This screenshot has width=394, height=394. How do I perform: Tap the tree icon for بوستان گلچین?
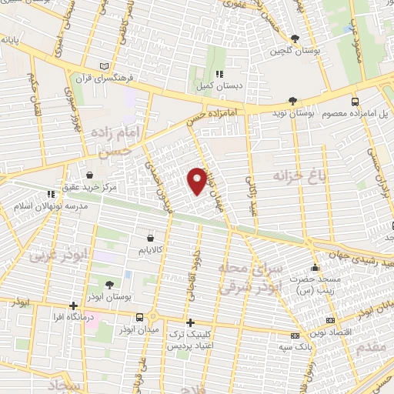tap(295, 38)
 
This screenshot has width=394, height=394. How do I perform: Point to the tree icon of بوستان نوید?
tap(292, 101)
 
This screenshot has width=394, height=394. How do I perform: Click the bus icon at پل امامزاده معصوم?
tap(354, 101)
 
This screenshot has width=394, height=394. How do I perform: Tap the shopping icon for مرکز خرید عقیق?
tap(91, 175)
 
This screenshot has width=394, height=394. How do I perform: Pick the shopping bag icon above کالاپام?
tap(159, 239)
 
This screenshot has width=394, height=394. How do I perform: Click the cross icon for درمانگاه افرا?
tap(72, 306)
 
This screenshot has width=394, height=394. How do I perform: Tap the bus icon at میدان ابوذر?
tap(139, 317)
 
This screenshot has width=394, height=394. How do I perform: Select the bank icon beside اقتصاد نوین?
tap(330, 319)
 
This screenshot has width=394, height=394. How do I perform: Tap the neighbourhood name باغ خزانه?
tap(292, 176)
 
